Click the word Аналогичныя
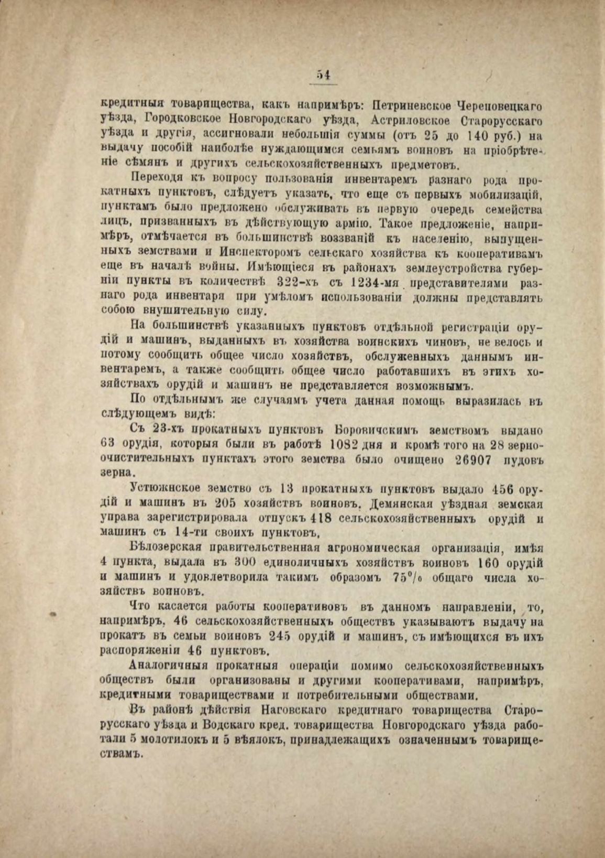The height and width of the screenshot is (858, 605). pyautogui.click(x=168, y=667)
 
